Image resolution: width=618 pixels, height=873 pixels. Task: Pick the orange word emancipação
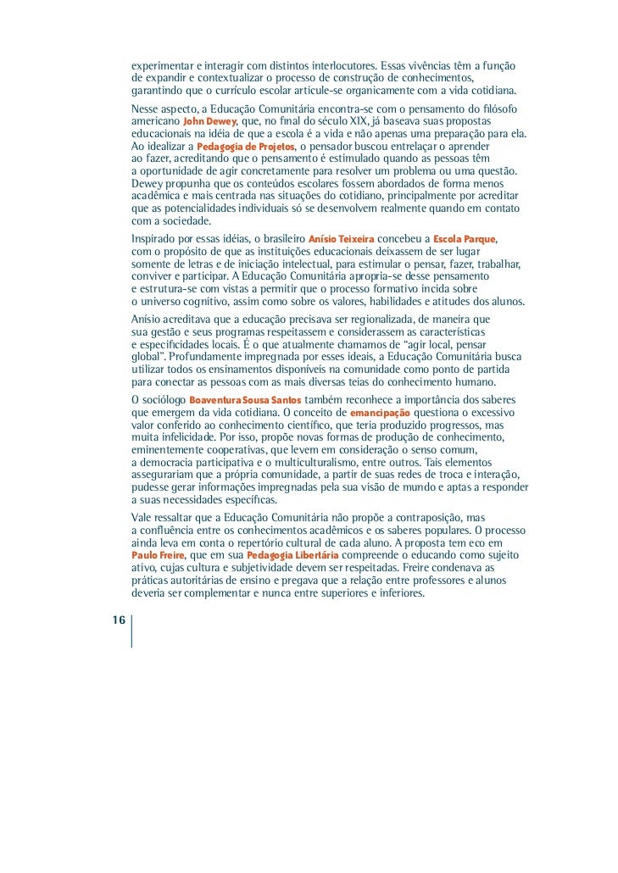tap(380, 412)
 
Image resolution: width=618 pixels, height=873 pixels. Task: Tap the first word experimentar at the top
tap(162, 66)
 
